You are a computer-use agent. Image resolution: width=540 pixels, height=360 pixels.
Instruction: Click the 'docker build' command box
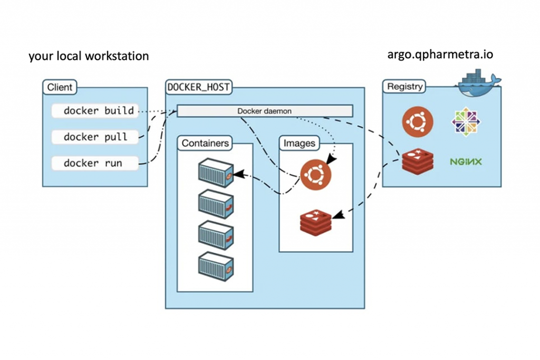(x=95, y=111)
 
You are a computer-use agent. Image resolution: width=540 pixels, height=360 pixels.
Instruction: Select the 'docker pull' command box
(x=95, y=137)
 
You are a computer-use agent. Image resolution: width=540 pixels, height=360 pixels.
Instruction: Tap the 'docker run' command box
(x=95, y=163)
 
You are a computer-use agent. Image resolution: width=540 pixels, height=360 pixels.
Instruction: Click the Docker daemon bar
(x=265, y=111)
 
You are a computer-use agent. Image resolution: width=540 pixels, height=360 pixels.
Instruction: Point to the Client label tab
(x=60, y=87)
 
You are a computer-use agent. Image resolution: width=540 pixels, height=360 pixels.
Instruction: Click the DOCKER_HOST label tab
(x=199, y=87)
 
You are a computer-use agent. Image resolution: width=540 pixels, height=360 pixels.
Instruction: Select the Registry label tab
(x=404, y=86)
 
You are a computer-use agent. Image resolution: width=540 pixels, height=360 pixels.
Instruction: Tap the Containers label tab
(x=205, y=143)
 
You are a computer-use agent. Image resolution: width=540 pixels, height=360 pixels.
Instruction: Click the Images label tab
(x=300, y=143)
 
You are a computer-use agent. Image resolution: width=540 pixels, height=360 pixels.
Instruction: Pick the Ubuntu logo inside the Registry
(x=418, y=122)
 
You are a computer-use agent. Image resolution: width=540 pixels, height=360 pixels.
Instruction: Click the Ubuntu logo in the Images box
(x=315, y=175)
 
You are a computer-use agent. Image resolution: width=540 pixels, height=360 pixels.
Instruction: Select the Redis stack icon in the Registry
(x=418, y=161)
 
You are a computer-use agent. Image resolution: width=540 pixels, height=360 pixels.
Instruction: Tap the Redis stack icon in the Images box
(x=316, y=222)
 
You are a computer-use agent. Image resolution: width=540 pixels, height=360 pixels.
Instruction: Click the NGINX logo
(x=466, y=161)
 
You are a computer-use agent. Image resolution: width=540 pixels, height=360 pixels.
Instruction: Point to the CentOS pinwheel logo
(x=466, y=122)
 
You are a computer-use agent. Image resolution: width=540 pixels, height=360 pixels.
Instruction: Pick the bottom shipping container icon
(x=216, y=266)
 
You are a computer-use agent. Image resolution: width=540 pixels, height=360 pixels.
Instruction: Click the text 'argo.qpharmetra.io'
(x=440, y=54)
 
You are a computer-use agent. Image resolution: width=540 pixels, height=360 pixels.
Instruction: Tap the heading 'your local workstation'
(x=89, y=56)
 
